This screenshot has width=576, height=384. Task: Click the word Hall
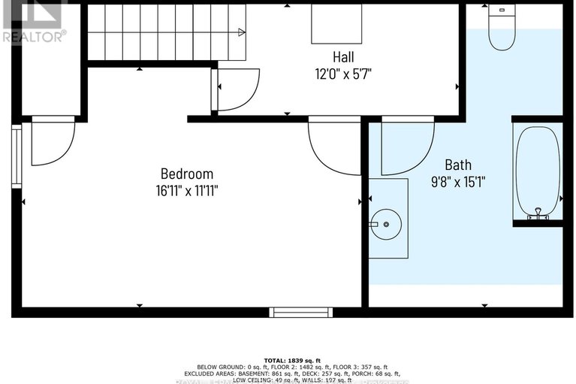(x=343, y=57)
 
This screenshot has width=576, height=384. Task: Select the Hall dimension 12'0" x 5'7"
(x=343, y=74)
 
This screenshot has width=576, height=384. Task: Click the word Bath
(x=458, y=165)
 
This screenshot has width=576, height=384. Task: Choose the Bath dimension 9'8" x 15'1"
(x=458, y=181)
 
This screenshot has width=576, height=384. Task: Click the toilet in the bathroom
(x=502, y=27)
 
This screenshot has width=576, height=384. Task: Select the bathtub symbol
(x=537, y=171)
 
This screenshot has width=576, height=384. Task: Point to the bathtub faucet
(x=536, y=214)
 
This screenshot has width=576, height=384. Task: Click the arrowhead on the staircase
(x=241, y=32)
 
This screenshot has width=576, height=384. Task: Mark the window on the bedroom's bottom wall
(x=301, y=312)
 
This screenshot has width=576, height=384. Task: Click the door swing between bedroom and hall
(x=334, y=144)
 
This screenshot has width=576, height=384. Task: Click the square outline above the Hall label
(x=336, y=25)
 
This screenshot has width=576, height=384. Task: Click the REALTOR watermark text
(x=34, y=35)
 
